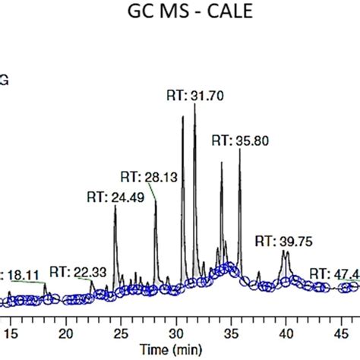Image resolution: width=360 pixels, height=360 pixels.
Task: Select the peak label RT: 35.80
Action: click(240, 141)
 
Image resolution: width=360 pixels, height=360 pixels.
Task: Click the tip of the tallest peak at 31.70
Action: click(195, 104)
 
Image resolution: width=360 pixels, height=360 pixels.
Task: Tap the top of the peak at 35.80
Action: click(240, 150)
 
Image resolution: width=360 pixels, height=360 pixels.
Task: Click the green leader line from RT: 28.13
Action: click(154, 193)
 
